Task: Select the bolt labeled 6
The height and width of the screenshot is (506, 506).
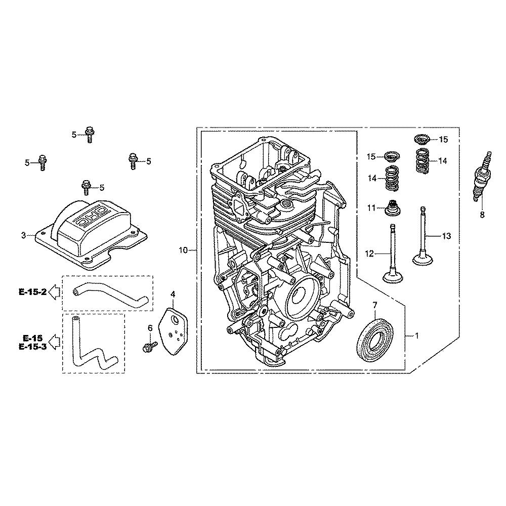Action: click(150, 347)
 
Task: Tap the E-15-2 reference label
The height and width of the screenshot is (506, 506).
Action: click(32, 292)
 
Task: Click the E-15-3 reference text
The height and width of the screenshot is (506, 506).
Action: click(32, 347)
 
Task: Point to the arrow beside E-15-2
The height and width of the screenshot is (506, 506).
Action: click(54, 292)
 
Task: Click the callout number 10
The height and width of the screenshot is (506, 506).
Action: click(183, 250)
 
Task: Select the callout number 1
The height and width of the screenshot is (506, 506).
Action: click(416, 336)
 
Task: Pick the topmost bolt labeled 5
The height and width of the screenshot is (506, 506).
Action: click(90, 135)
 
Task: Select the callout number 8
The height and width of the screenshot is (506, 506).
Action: click(482, 215)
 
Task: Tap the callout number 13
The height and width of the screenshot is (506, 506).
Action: click(446, 236)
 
